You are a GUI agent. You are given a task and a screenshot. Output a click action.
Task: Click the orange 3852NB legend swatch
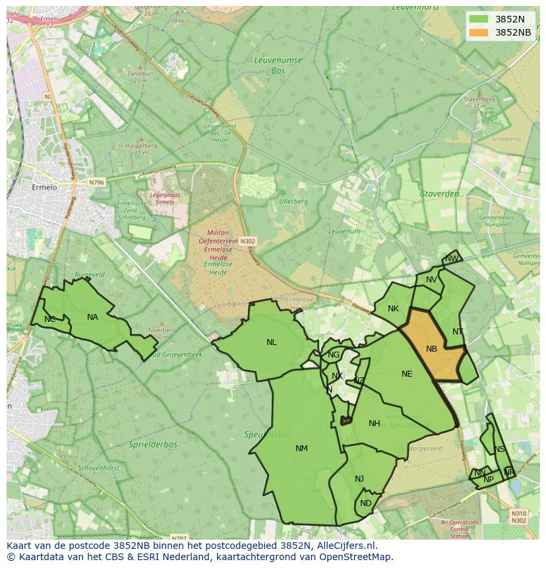[479, 32]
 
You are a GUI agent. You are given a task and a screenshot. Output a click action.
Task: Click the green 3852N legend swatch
[479, 19]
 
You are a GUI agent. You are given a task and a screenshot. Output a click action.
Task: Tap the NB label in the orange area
[431, 349]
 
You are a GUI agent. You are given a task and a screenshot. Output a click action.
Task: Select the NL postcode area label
[272, 342]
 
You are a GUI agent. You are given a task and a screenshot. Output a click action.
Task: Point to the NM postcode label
[301, 449]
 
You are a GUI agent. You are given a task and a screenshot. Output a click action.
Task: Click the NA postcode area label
[92, 317]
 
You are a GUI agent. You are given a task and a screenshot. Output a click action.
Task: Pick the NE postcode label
[407, 374]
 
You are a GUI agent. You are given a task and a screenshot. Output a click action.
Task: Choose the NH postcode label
[375, 424]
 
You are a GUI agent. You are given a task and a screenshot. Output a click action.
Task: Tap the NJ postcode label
[359, 479]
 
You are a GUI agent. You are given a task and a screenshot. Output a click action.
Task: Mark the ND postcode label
[365, 503]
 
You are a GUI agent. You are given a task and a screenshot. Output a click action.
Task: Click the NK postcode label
[393, 309]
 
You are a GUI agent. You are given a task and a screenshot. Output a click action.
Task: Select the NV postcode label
[431, 280]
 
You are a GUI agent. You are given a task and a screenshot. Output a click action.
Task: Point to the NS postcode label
[499, 450]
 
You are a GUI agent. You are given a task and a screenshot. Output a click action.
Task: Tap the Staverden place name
[440, 194]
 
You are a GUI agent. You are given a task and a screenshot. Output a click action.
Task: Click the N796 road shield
[96, 182]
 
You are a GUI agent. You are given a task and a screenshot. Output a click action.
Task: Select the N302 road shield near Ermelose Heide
[247, 241]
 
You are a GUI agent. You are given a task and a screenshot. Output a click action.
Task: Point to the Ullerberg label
[293, 201]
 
